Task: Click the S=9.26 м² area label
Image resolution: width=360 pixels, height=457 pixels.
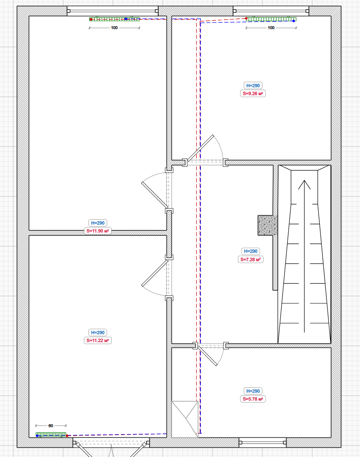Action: pos(253,93)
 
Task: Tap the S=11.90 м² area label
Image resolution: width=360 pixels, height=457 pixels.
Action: pos(98,231)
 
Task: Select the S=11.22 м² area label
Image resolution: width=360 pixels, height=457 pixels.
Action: pos(98,340)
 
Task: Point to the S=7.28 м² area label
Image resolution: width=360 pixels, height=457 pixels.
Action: pos(251,259)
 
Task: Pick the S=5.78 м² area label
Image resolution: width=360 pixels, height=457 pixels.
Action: pos(253,399)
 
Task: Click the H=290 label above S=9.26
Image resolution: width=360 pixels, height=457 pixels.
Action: pos(253,86)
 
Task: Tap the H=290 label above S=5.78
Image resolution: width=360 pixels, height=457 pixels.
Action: pos(253,391)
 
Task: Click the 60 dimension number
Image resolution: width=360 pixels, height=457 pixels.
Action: pos(51,426)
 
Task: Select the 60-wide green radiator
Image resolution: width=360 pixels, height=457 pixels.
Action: pos(51,435)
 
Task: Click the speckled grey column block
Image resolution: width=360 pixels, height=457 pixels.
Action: pos(267,225)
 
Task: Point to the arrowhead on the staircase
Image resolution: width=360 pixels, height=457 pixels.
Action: pos(304,184)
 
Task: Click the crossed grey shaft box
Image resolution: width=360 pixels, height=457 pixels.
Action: pos(185,419)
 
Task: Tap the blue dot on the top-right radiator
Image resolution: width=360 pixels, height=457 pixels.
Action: pos(294,21)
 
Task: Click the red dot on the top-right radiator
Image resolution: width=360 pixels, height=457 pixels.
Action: pos(246,18)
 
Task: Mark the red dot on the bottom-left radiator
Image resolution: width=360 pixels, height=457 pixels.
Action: pos(67,436)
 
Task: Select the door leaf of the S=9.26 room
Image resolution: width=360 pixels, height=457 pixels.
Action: pos(200,148)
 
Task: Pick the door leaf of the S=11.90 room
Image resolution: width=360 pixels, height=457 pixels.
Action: pos(154,195)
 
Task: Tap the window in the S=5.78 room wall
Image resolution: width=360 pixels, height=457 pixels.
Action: pos(263,442)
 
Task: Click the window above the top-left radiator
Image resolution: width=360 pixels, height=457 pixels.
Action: pos(113,11)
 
